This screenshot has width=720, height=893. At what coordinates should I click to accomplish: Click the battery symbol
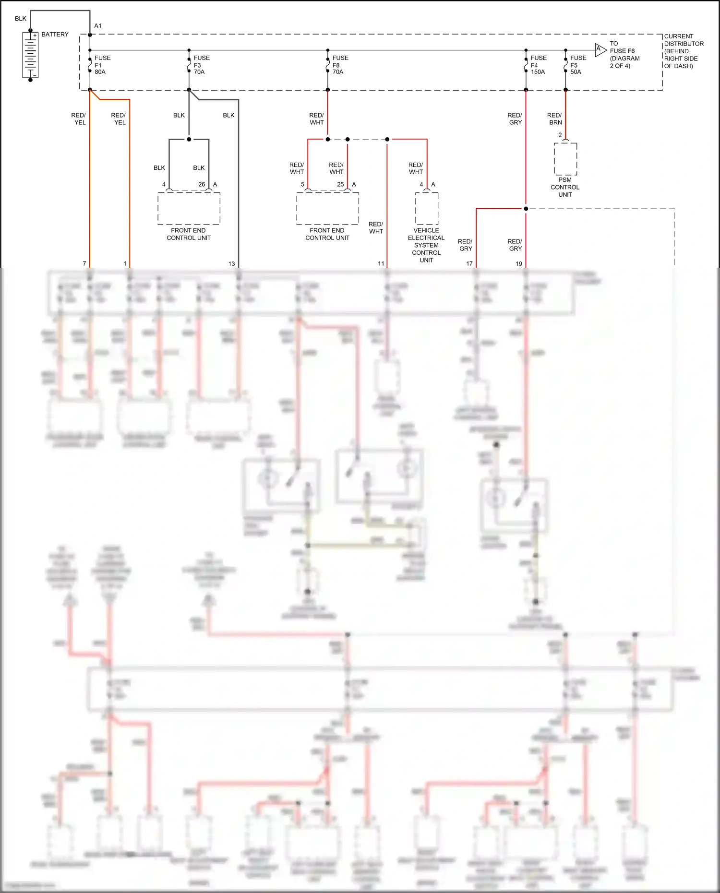pos(30,55)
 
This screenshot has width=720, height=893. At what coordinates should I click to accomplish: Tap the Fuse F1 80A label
pos(102,65)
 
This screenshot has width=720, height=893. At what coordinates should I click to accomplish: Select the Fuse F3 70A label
pos(201,65)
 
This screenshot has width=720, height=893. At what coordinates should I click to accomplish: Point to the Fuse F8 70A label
pos(340,65)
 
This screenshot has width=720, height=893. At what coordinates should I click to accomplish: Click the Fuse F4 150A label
pos(538,65)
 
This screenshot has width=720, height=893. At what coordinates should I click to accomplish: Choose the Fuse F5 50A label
pos(577,65)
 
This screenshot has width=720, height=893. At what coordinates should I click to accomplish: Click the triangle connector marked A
pos(600,50)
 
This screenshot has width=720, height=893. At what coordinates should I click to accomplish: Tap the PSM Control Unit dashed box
pos(565,159)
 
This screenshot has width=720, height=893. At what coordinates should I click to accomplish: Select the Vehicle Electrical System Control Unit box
pos(427,208)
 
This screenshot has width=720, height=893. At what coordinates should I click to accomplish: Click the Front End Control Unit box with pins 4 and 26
pos(189,208)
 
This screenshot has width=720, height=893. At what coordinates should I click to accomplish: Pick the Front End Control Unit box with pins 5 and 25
pos(327,208)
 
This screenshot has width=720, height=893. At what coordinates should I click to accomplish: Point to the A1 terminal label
pos(98,26)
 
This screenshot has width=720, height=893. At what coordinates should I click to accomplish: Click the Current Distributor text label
pos(684,51)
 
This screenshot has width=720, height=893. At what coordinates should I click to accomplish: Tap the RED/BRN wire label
pos(554,119)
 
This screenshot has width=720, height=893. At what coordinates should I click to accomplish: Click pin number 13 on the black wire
pos(232,263)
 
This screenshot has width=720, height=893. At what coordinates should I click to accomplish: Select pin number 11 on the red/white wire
pos(381,263)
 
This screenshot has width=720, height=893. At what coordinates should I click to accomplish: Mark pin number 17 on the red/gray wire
pos(469,263)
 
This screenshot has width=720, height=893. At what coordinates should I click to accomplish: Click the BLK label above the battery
pos(21,19)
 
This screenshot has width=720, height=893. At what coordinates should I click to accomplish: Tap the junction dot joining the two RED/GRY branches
pos(526,209)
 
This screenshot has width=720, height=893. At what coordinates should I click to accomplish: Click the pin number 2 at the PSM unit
pos(560,135)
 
